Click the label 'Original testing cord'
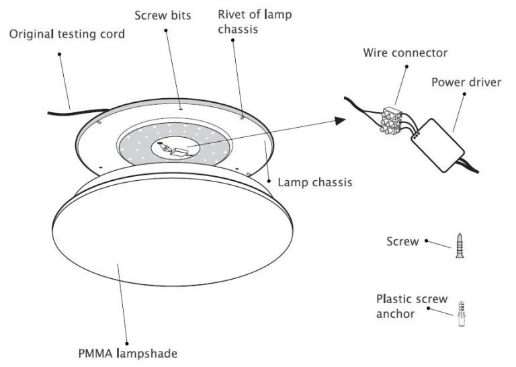pyautogui.click(x=67, y=34)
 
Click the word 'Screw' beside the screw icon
pyautogui.click(x=402, y=240)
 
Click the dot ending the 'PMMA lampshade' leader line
pyautogui.click(x=119, y=266)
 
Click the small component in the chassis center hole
pyautogui.click(x=176, y=149)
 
